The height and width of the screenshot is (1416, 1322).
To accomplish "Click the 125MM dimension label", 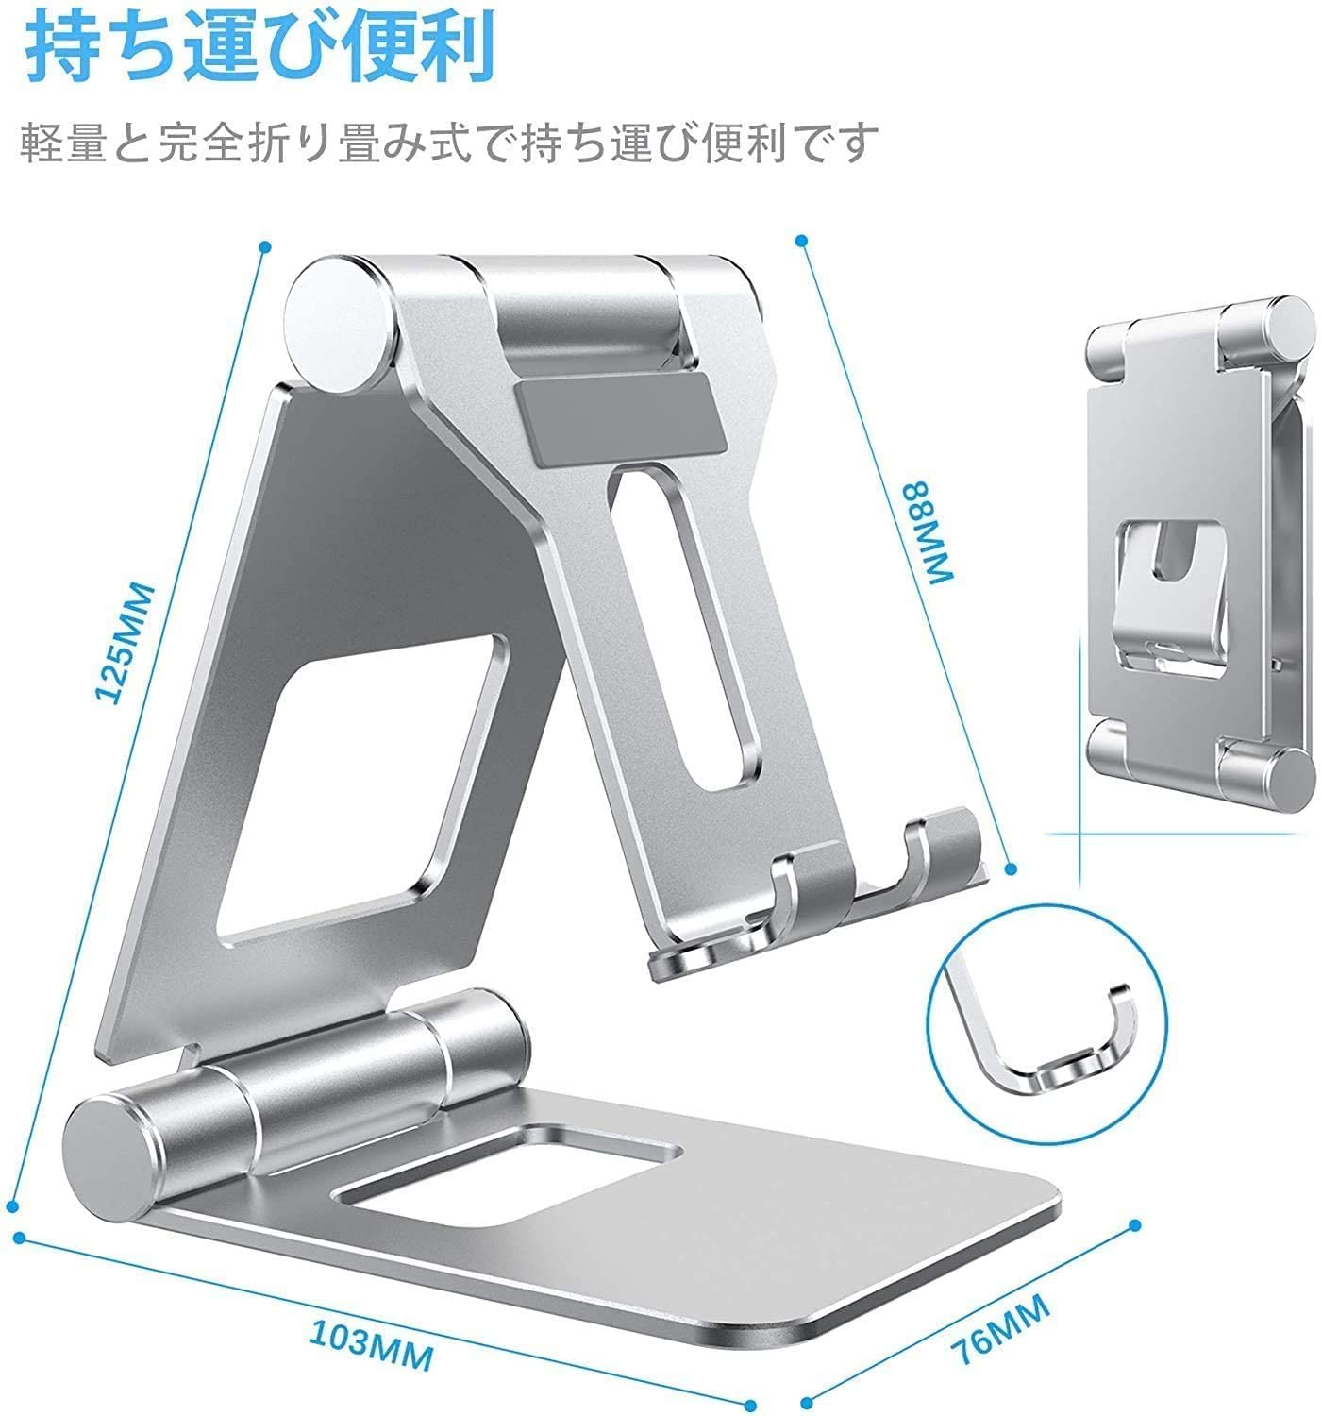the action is (x=124, y=644).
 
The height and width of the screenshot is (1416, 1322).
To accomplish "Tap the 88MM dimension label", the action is (x=928, y=533).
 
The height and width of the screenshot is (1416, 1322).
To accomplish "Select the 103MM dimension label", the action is (x=371, y=1344).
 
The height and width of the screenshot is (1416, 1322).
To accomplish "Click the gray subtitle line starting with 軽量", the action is (x=448, y=143).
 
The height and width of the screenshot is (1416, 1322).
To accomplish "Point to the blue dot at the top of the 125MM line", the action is (x=265, y=246).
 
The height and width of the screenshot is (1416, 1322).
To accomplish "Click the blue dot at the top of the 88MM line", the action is (x=801, y=241).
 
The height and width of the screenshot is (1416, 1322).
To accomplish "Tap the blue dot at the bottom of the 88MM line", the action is (x=1010, y=869).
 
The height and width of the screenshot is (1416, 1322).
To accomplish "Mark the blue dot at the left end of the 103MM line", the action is (x=19, y=1237).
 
